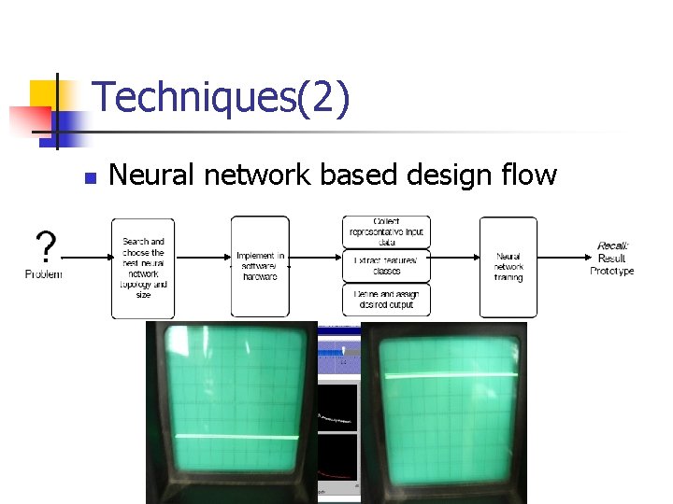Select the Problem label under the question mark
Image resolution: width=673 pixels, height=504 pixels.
tap(43, 273)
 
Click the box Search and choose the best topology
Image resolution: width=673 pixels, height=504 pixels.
tap(143, 268)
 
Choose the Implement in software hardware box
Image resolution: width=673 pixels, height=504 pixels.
tap(260, 267)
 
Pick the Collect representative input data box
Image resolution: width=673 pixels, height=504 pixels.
tap(386, 231)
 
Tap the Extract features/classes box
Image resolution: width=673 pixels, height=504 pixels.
tap(386, 266)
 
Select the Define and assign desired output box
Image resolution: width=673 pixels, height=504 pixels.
tap(386, 300)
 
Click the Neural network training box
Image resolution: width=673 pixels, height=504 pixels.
tap(508, 267)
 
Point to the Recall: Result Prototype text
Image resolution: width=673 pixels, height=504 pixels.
tap(612, 259)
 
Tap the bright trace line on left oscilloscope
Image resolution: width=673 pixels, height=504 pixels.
tap(231, 437)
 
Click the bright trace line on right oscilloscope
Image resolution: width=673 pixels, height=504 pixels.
tap(451, 375)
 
